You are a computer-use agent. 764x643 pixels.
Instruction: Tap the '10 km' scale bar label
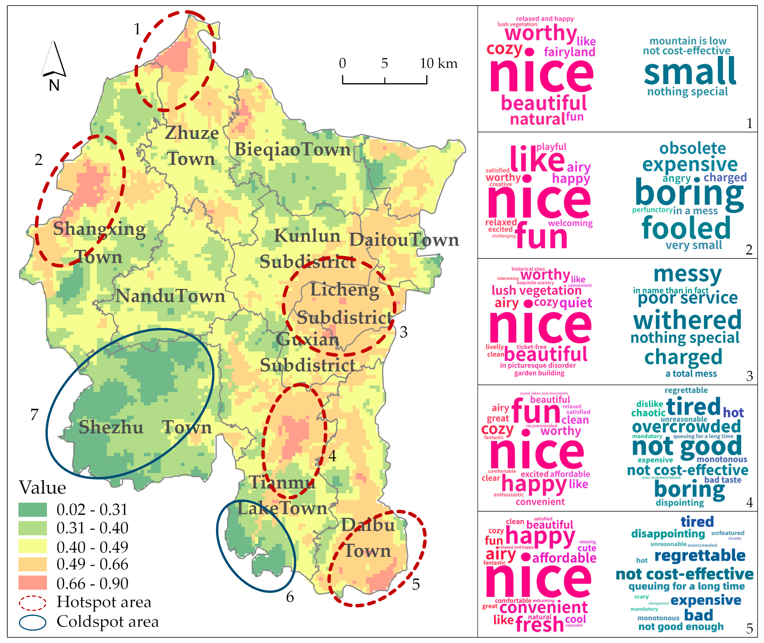point(438,63)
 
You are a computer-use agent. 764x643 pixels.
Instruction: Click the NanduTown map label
point(170,296)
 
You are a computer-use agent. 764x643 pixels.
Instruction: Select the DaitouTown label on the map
point(404,240)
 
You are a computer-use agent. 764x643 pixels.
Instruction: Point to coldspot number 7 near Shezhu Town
point(34,414)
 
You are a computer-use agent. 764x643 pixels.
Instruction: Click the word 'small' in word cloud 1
point(690,72)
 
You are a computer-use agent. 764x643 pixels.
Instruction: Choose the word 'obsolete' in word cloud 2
point(692,148)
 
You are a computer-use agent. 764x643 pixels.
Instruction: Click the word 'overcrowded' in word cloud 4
point(686,426)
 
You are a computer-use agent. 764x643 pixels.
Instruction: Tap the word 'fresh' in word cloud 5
point(539,624)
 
